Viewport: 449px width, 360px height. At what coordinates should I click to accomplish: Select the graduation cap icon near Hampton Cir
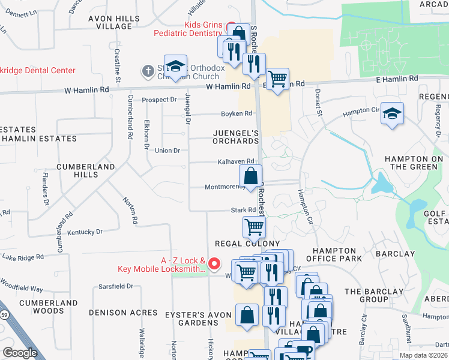(x=392, y=113)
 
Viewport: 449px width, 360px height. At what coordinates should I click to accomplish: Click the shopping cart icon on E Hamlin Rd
(x=277, y=79)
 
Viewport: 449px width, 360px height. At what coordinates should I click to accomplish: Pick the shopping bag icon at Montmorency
(x=251, y=176)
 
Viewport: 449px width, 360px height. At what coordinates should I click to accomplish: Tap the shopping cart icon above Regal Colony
(x=254, y=227)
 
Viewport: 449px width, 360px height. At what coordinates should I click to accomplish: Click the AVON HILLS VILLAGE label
(x=110, y=22)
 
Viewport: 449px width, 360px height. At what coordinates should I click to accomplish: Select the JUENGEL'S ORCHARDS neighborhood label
(x=235, y=137)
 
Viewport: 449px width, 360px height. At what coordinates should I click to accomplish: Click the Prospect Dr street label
(x=159, y=100)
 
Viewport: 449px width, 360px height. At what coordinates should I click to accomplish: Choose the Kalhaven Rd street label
(x=235, y=161)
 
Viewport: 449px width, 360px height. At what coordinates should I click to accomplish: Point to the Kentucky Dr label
(x=85, y=232)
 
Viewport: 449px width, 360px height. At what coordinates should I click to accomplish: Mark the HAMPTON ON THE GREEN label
(x=414, y=162)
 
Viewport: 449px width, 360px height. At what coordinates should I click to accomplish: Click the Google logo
(x=20, y=353)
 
